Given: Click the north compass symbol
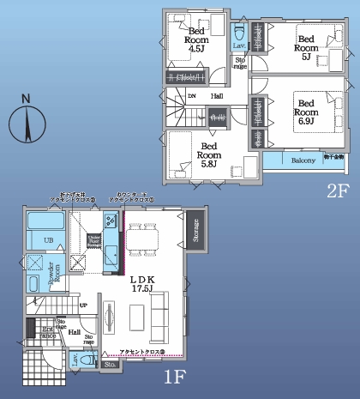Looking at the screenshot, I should click(x=27, y=122).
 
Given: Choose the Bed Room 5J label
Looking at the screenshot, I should click(x=307, y=44).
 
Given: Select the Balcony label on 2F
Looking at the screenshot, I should click(x=303, y=160).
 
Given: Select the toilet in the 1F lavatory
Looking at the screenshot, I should click(x=79, y=360).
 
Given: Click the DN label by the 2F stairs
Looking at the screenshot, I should click(x=192, y=96).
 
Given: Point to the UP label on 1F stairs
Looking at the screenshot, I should click(x=83, y=305).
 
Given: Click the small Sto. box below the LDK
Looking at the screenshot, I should click(x=110, y=364).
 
